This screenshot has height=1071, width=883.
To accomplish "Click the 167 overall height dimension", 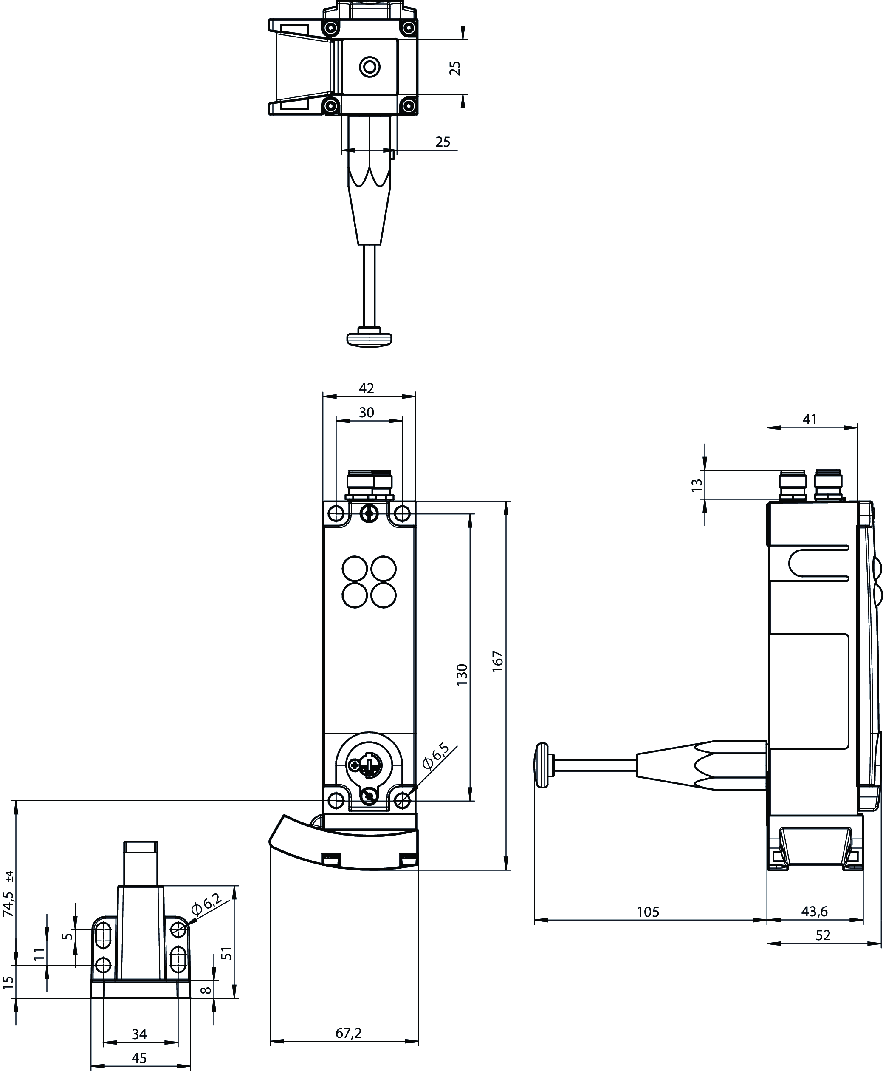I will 498,661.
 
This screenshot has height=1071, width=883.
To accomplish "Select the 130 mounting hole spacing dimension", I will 462,674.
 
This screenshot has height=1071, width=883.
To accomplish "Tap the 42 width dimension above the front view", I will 366,388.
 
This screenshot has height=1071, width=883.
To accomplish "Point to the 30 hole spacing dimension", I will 366,412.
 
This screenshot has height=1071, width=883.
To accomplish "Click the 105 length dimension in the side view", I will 648,912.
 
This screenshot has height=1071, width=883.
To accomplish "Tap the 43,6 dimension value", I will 814,911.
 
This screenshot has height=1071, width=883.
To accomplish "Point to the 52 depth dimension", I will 822,935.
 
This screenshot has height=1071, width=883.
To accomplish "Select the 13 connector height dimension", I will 697,484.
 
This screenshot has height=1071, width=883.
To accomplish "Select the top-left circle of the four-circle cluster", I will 355,569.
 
